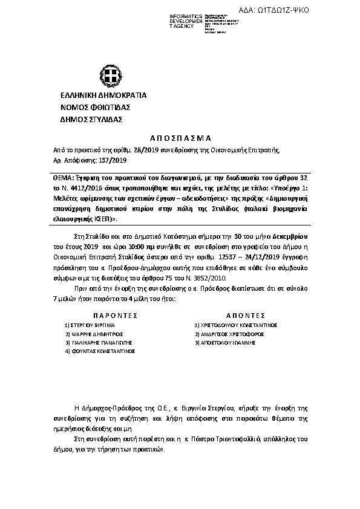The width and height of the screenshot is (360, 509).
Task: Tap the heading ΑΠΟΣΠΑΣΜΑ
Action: point(180,137)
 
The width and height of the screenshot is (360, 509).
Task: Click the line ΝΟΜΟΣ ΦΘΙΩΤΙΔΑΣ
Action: point(92,108)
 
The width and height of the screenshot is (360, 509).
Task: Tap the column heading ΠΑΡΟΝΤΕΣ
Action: point(116,315)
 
